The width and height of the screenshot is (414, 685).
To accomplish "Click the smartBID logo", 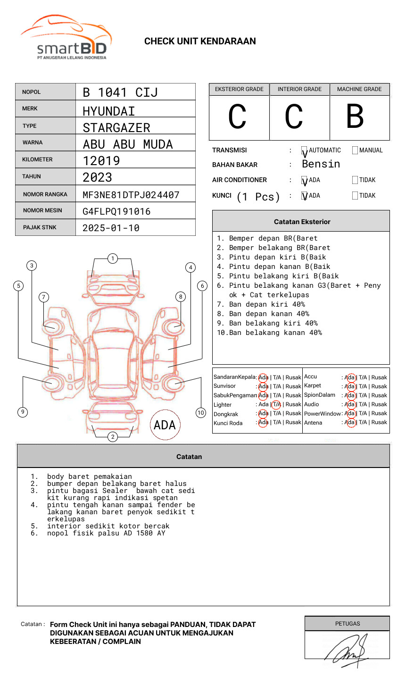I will click(x=66, y=38).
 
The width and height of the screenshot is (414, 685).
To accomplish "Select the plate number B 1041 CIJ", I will click(x=120, y=92).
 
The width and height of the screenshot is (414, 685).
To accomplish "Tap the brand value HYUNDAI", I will click(x=109, y=111).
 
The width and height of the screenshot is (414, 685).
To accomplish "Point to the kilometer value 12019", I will click(x=101, y=161).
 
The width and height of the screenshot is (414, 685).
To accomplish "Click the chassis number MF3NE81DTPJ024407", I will click(x=131, y=195).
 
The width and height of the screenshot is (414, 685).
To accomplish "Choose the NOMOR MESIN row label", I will click(x=42, y=210).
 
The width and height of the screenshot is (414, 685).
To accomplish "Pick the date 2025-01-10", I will click(x=111, y=228).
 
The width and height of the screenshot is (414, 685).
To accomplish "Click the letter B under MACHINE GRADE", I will click(x=355, y=117).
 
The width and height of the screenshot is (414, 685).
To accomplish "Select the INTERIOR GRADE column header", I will click(x=299, y=89).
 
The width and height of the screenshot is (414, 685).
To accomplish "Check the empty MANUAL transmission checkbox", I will click(x=355, y=150).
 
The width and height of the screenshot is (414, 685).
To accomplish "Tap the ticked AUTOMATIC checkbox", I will click(x=305, y=151).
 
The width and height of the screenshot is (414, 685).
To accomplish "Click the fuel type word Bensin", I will click(x=321, y=164).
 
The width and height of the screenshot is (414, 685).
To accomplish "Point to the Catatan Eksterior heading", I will click(x=302, y=222).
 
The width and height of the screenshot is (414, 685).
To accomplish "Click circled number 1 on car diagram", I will click(x=113, y=259).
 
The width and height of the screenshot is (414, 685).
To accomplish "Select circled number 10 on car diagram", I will click(x=201, y=413).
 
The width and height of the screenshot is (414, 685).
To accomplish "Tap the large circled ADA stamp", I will click(x=165, y=425).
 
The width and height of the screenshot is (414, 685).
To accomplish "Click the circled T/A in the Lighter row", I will click(x=276, y=404).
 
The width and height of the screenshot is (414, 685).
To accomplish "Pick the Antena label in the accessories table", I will click(x=313, y=423).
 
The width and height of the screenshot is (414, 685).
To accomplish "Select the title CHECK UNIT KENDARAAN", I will click(x=200, y=42).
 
